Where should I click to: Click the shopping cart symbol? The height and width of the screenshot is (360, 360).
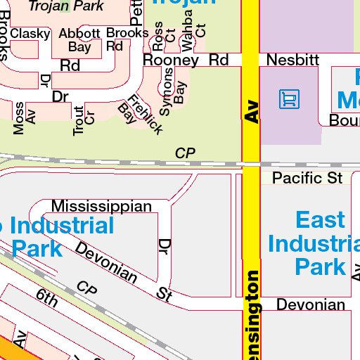click(288, 98)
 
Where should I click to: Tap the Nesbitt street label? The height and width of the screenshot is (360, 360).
click(292, 60)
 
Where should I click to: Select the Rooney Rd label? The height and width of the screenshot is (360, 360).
click(186, 60)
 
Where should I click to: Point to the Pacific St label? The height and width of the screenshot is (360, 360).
click(307, 177)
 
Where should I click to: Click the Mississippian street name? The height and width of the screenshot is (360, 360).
click(102, 206)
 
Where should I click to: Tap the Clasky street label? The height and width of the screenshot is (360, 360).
click(30, 34)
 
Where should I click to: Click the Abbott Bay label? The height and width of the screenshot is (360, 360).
click(79, 40)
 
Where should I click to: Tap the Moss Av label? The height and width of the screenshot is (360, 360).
click(24, 117)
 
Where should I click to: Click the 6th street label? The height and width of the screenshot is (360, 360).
click(47, 298)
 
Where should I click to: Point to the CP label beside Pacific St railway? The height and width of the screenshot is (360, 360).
click(185, 153)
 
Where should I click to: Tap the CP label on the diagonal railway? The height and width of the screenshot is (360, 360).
click(86, 288)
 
